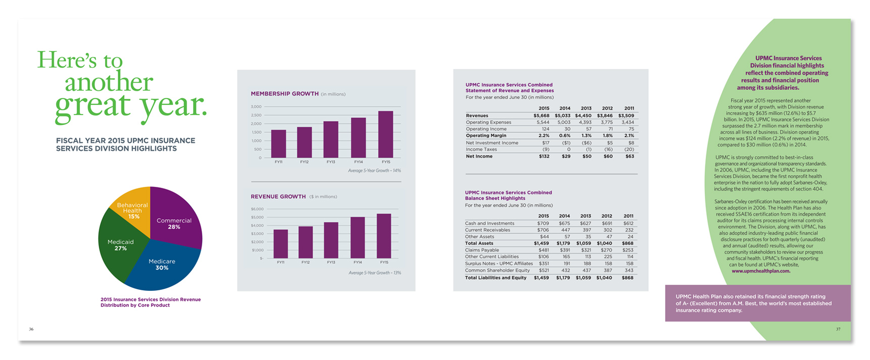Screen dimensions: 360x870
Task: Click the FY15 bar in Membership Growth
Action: click(386, 134)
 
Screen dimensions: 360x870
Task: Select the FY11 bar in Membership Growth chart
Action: click(279, 144)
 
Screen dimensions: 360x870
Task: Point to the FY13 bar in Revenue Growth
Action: click(331, 240)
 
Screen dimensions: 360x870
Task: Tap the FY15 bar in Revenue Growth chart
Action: click(384, 236)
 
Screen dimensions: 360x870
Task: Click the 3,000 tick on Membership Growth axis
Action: click(256, 107)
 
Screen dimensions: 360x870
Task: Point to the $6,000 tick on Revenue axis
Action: click(257, 209)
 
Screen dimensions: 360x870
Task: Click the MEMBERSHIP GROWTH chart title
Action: click(285, 94)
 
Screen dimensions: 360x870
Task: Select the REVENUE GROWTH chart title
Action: click(278, 196)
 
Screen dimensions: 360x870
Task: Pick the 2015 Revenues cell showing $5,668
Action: click(541, 116)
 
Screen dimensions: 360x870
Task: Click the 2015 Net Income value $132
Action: click(544, 157)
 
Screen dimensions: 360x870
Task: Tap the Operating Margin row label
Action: click(486, 136)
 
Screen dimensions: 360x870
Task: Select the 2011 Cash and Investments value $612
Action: click(628, 223)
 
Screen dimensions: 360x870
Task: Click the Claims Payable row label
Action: click(482, 250)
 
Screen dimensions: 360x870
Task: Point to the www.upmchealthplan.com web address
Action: click(761, 271)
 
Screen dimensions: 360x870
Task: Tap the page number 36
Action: click(31, 329)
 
